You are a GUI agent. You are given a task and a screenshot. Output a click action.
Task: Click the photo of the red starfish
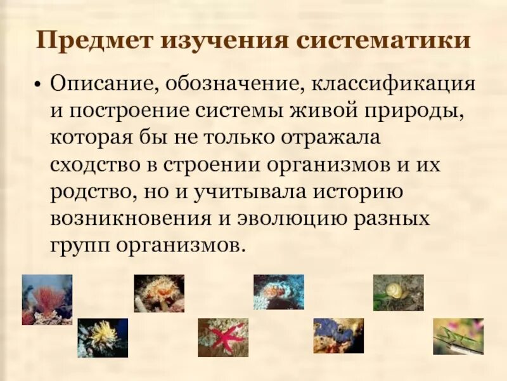(223, 337)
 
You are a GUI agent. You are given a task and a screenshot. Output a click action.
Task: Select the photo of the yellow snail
(398, 293)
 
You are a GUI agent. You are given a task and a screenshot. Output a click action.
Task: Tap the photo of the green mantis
(458, 337)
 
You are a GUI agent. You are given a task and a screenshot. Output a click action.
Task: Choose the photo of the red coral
(47, 300)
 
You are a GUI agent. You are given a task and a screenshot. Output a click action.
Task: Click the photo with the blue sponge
(338, 336)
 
